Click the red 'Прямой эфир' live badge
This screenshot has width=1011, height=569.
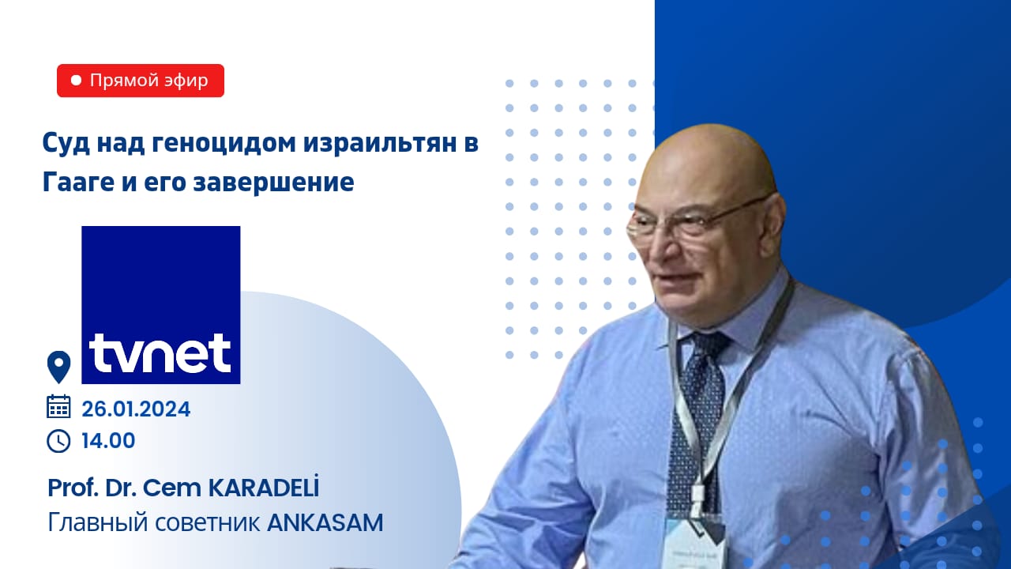tap(141, 81)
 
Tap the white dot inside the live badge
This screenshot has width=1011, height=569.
tap(77, 81)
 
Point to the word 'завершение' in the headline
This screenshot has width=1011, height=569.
tap(273, 183)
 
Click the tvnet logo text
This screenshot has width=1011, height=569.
tap(160, 353)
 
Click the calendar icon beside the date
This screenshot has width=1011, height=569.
tap(58, 406)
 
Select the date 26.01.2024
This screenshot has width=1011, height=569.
tap(136, 409)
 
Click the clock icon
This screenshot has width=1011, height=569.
tap(58, 441)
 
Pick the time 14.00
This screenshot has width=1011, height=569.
tap(108, 441)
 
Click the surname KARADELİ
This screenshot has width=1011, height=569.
tap(263, 487)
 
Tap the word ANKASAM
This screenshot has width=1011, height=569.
tap(325, 523)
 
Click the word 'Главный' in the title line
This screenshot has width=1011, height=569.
tap(98, 523)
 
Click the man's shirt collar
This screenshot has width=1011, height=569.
tap(727, 316)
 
